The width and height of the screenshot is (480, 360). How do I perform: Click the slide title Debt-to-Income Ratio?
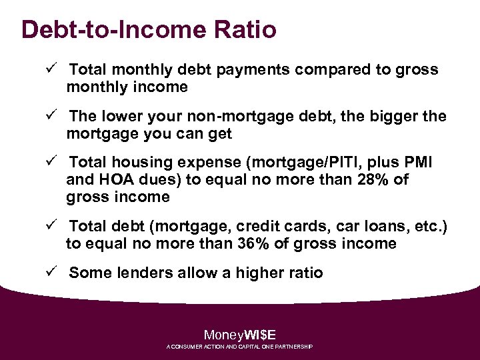coord(149,30)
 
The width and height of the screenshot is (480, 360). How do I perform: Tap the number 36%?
coord(254,244)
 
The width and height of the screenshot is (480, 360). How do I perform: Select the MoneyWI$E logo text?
coord(240,335)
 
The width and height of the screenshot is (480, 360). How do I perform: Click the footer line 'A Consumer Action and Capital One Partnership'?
coord(240,347)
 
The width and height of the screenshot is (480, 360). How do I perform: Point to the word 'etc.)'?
coord(430,227)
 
